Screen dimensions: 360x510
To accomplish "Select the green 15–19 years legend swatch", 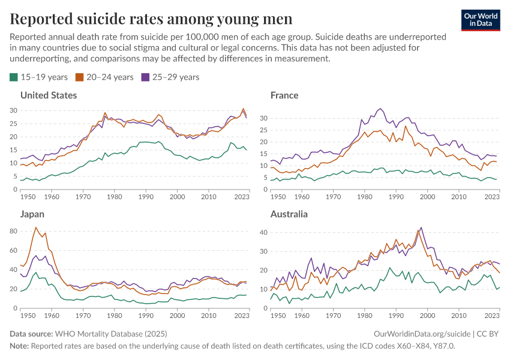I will (14, 77).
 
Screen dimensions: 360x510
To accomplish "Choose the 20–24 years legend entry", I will (103, 77).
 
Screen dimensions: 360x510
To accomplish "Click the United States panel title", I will (49, 95).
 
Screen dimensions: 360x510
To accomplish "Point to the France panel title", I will (284, 95).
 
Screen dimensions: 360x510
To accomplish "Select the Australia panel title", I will (289, 214).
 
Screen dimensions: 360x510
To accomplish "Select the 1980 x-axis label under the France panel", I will (364, 197).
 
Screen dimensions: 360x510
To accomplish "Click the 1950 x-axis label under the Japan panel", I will (27, 316).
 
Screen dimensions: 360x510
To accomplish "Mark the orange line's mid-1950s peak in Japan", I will (36, 227).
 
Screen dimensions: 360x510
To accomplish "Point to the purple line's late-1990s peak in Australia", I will (421, 227).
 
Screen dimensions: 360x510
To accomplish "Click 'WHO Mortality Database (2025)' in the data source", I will (111, 334).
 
